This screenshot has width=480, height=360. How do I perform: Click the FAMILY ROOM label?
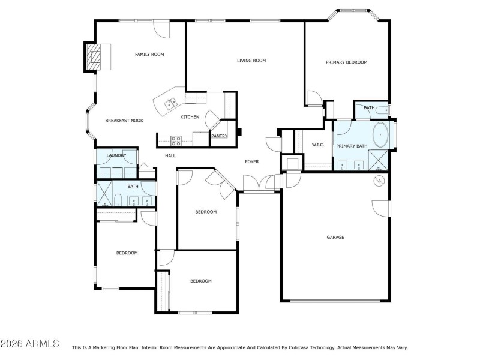149,55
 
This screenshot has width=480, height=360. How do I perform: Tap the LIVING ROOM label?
251,61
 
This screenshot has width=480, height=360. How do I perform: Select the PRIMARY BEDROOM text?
346,62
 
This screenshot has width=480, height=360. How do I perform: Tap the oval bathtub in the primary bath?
380,136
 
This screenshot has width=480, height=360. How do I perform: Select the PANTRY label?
219,136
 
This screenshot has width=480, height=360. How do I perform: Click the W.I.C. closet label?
318,145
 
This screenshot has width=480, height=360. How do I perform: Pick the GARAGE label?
335,238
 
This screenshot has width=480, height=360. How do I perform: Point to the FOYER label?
252,162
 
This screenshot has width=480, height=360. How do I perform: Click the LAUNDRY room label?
116,156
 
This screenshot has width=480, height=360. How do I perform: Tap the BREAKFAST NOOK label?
124,121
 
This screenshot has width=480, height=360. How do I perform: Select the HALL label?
170,156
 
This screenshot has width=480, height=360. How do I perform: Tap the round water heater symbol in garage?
379,180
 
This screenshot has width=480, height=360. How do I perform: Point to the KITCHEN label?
190,117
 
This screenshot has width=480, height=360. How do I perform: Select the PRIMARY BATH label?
352,146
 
